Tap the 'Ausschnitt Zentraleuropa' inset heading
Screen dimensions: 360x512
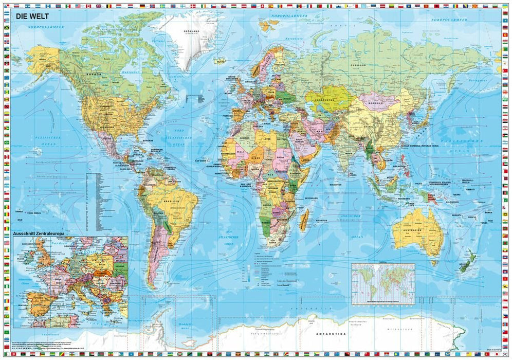coord(45,233)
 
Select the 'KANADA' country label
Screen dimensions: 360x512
coord(96,75)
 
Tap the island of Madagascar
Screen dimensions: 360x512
coord(304,220)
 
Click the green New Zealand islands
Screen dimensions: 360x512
coord(467,262)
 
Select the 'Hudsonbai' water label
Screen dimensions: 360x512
coord(127,74)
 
